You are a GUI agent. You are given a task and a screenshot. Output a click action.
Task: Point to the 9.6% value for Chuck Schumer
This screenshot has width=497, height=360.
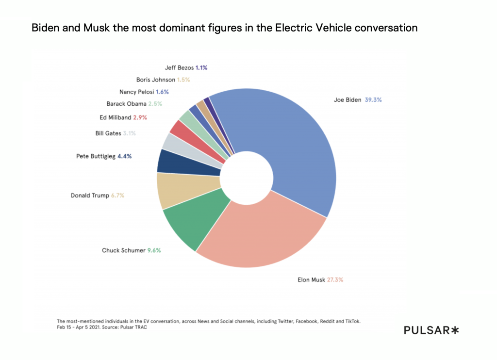154,250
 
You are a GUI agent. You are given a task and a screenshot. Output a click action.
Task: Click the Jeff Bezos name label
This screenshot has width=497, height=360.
179,68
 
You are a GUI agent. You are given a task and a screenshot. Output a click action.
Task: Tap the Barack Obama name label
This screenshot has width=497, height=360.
126,103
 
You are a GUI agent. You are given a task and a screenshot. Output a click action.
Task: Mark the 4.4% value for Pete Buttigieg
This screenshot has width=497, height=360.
125,156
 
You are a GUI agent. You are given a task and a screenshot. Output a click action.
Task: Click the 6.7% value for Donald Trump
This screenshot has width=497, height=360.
117,196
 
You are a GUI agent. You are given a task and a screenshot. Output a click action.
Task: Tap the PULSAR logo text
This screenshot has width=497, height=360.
426,330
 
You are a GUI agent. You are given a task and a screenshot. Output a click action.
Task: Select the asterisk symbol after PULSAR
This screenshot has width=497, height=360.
455,330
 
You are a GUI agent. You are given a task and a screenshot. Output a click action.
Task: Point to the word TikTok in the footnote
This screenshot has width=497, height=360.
352,321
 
